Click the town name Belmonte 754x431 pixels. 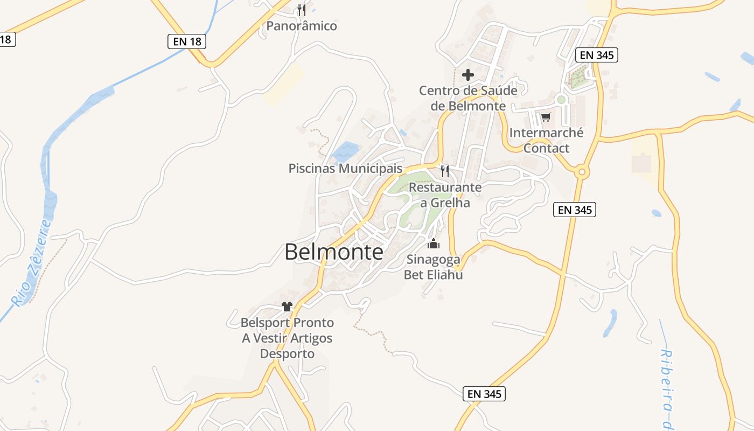click(x=334, y=252)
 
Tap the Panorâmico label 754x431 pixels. click(x=302, y=26)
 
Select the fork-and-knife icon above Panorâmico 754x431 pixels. click(x=302, y=10)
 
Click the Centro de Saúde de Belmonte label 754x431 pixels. click(x=468, y=98)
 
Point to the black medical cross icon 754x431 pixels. click(x=468, y=75)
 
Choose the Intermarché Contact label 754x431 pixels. click(x=546, y=140)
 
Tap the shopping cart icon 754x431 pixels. click(x=546, y=117)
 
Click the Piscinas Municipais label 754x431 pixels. click(x=345, y=168)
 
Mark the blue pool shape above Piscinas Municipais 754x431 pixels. click(x=345, y=152)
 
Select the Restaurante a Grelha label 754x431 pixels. click(x=445, y=195)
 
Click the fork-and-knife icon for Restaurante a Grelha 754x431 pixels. click(x=445, y=171)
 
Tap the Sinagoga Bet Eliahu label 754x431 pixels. click(x=434, y=267)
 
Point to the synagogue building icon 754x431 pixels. click(x=434, y=244)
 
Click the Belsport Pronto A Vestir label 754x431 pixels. click(x=287, y=338)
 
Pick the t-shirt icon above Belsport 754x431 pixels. click(x=287, y=307)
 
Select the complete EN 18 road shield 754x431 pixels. click(x=187, y=41)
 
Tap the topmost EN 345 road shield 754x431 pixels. click(x=597, y=54)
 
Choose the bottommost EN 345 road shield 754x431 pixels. click(x=485, y=394)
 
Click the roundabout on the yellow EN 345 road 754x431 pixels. click(x=582, y=172)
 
